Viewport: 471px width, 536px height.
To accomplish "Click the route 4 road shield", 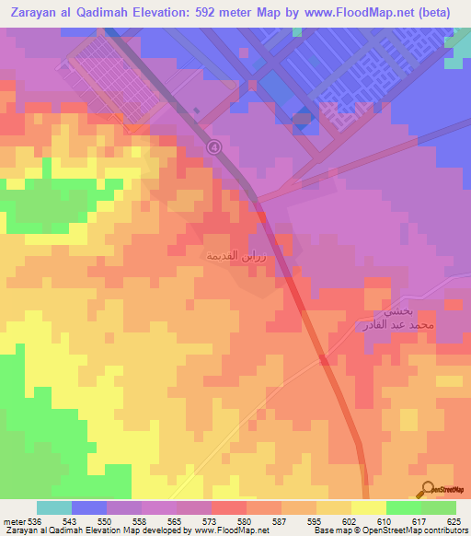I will [214, 146].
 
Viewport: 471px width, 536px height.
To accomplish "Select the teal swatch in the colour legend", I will [54, 508].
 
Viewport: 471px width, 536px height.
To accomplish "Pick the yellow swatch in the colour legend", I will [368, 508].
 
